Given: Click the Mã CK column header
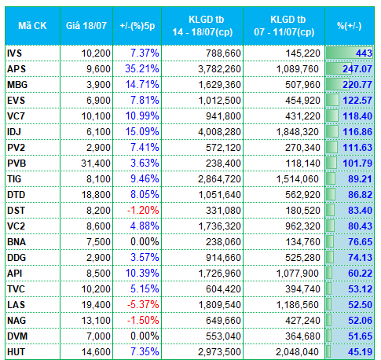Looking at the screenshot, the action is [32, 26].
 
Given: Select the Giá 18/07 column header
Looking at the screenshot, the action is [86, 26].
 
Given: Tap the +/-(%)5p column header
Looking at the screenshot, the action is [137, 26].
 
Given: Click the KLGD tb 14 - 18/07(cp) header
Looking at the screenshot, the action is [203, 26].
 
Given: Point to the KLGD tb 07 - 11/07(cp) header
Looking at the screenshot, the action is [284, 26].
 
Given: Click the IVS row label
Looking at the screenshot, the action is [15, 53].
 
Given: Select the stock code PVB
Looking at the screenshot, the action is [16, 163].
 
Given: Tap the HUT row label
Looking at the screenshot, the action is [16, 352].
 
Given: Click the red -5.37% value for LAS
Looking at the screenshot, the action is [143, 305].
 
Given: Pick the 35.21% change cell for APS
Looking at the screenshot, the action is [142, 69].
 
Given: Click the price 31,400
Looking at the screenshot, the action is [96, 163].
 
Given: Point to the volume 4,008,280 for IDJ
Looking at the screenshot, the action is [219, 132].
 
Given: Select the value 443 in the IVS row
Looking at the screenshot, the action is [364, 53].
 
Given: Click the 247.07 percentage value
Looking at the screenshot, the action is [357, 69].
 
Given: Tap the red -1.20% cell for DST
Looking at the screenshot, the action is [143, 211].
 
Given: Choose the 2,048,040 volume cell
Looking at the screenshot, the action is [297, 352].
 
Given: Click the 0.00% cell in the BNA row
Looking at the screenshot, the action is [145, 242].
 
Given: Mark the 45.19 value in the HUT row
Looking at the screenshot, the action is [360, 352].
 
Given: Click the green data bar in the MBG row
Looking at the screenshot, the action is [338, 85].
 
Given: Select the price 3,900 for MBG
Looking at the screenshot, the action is [99, 85].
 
